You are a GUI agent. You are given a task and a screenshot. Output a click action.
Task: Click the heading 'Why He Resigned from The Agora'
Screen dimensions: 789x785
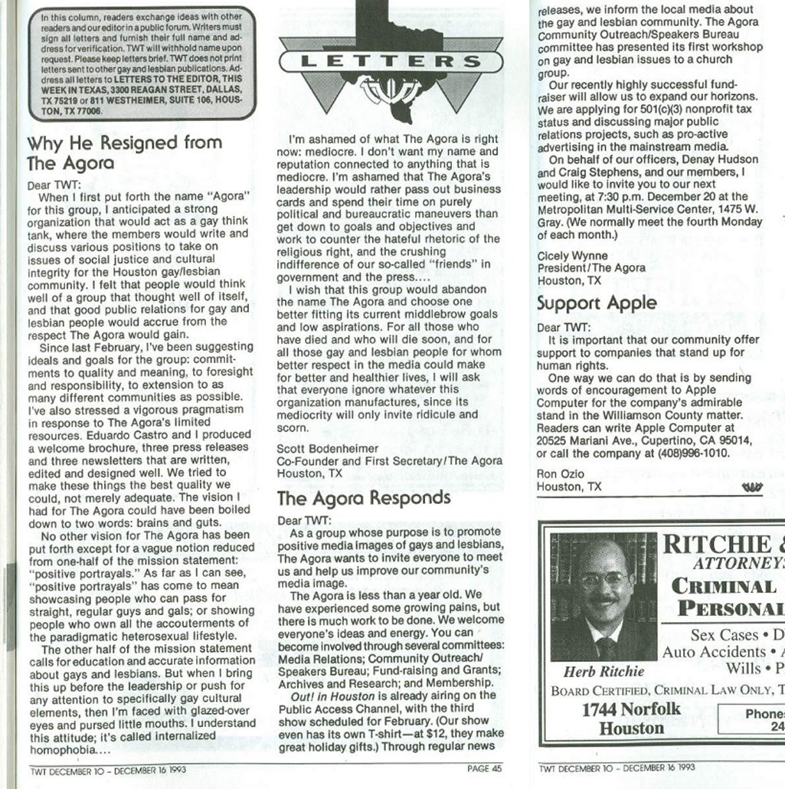124,152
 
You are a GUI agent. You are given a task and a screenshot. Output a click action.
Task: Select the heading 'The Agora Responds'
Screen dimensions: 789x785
364,498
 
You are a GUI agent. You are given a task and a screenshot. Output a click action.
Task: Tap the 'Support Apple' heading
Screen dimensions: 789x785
597,303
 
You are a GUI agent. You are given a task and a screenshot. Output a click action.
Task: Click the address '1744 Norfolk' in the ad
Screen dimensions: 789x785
630,709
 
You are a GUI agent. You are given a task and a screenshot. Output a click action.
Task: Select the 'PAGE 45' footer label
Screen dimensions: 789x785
486,768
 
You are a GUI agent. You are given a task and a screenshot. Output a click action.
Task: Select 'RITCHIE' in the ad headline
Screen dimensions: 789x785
716,544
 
